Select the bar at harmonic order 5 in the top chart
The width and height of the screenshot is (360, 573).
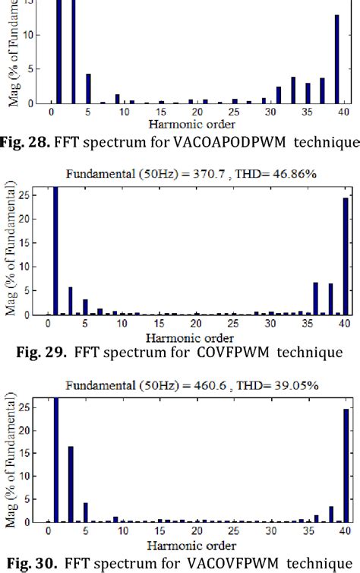coord(88,88)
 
